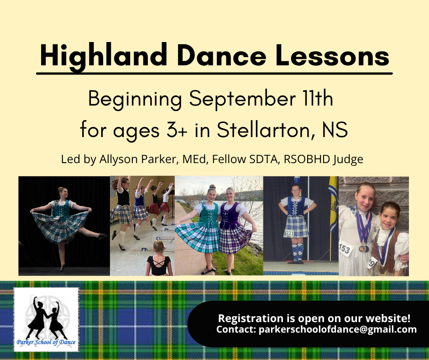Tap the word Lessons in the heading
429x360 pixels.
(332, 55)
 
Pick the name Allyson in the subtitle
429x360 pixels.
(119, 159)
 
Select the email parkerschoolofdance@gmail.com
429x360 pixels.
(338, 329)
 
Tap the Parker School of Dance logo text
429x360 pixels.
(46, 342)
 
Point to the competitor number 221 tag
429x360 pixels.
(290, 233)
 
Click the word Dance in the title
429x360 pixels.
(221, 55)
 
